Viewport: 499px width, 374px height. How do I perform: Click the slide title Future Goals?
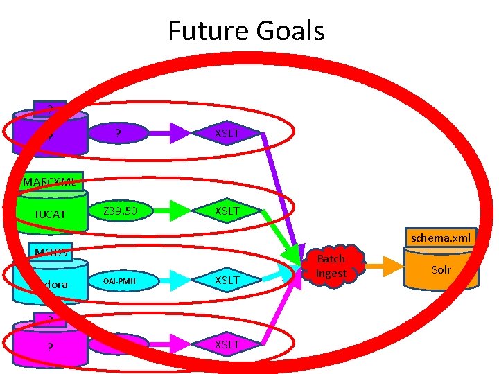(246, 31)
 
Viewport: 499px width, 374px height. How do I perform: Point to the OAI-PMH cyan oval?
(120, 281)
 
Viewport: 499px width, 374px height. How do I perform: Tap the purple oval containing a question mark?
(119, 132)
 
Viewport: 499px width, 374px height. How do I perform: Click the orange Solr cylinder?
(441, 270)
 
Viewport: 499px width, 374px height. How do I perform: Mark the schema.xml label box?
(440, 238)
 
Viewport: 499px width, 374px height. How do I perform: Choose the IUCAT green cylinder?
(51, 214)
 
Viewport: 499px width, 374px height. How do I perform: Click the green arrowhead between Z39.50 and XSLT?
(180, 210)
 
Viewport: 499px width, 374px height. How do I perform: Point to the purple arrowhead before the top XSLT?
(180, 132)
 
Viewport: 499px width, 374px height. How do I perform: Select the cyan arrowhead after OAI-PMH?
(180, 280)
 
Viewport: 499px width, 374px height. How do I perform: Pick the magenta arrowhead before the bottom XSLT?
(180, 344)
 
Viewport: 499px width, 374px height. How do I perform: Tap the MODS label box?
(51, 252)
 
